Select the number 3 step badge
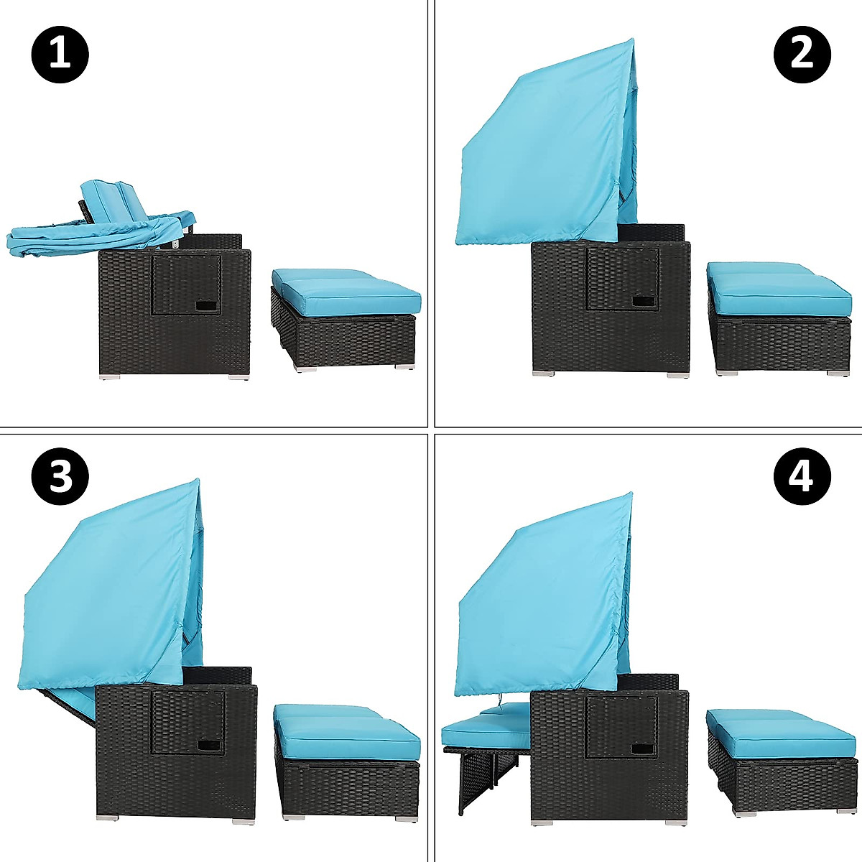tap(60, 475)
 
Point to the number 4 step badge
tap(802, 475)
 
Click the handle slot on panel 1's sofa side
tap(208, 307)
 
